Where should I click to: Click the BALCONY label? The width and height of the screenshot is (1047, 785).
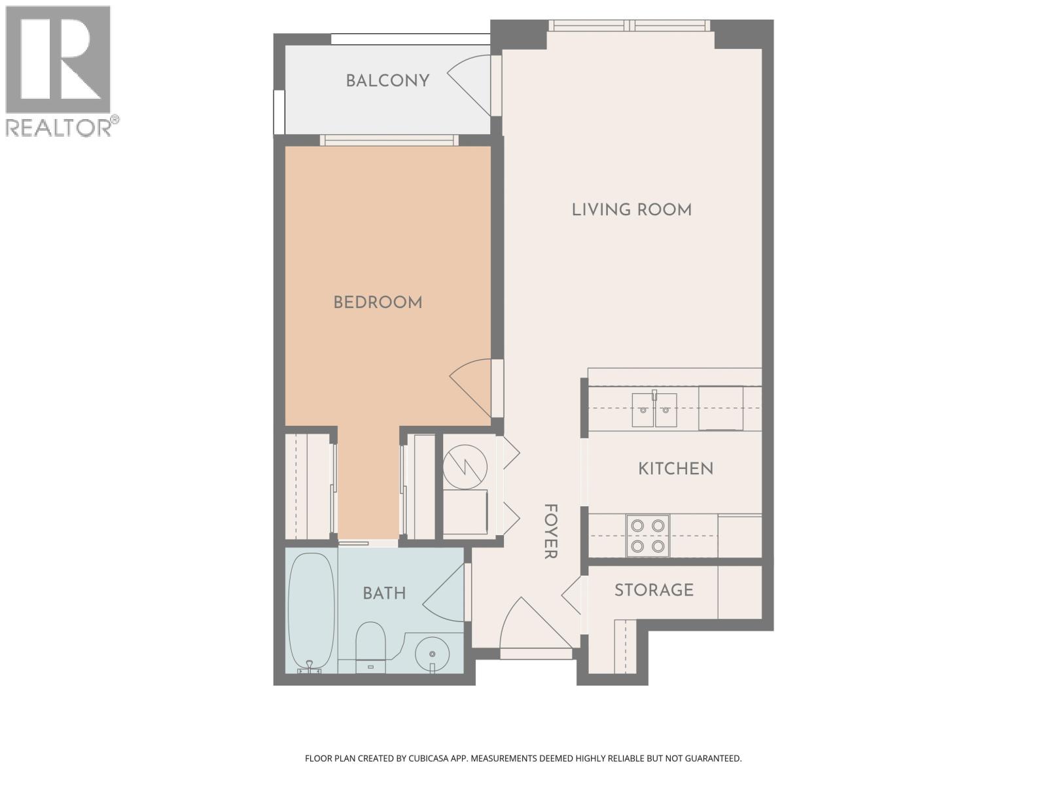pos(387,80)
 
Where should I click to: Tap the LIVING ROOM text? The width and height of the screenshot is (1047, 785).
pos(631,209)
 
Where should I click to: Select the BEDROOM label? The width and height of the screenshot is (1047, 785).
pos(378,302)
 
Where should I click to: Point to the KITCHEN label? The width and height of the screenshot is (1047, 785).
pos(675,468)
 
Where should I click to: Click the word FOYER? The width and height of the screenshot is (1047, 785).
pos(550,531)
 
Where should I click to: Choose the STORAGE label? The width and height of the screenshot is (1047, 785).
pos(654,590)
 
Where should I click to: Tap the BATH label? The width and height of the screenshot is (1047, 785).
pos(384,593)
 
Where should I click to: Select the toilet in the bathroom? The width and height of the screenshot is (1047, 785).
pos(371,644)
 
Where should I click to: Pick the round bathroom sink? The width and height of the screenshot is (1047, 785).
pos(432,652)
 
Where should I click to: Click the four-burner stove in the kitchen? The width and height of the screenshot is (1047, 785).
pos(647,535)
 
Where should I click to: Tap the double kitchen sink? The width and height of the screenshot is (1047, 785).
pos(654,410)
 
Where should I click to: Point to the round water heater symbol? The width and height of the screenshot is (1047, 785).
pos(465,466)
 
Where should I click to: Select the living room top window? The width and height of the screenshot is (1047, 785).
pos(628,26)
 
